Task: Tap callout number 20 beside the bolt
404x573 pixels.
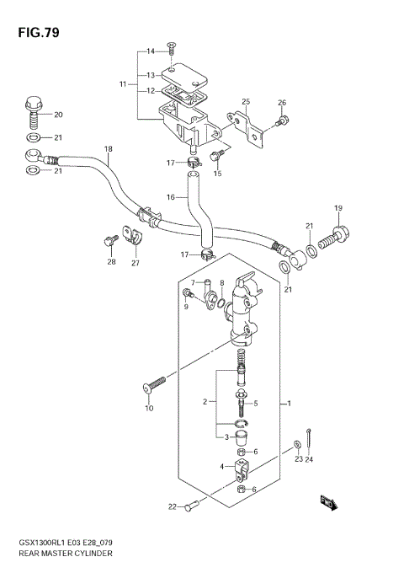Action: (x=58, y=115)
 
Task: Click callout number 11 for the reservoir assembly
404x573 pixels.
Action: (x=123, y=84)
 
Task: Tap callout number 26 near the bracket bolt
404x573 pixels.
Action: (x=282, y=104)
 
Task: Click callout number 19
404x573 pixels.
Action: (x=338, y=208)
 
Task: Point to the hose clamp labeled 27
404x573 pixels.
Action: (x=130, y=235)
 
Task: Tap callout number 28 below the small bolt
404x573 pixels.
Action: (x=111, y=262)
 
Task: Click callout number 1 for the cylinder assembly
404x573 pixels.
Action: (x=289, y=404)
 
